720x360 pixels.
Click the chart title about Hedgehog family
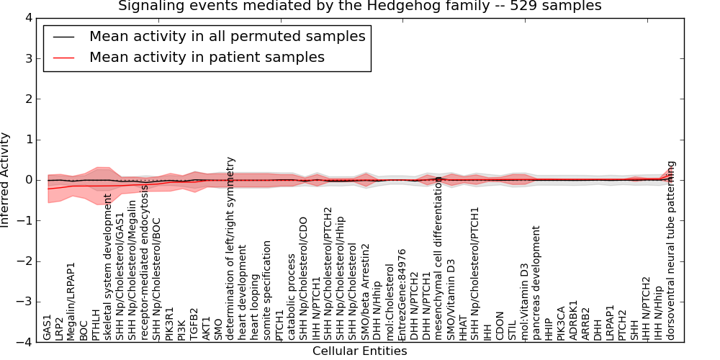click(359, 6)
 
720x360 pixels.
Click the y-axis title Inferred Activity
click(6, 180)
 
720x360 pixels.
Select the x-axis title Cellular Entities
click(359, 351)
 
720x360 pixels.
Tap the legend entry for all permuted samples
click(227, 36)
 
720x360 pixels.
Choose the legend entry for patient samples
click(207, 57)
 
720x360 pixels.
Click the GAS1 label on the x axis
click(48, 327)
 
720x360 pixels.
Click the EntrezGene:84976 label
click(402, 294)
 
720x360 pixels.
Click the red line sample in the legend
click(62, 58)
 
